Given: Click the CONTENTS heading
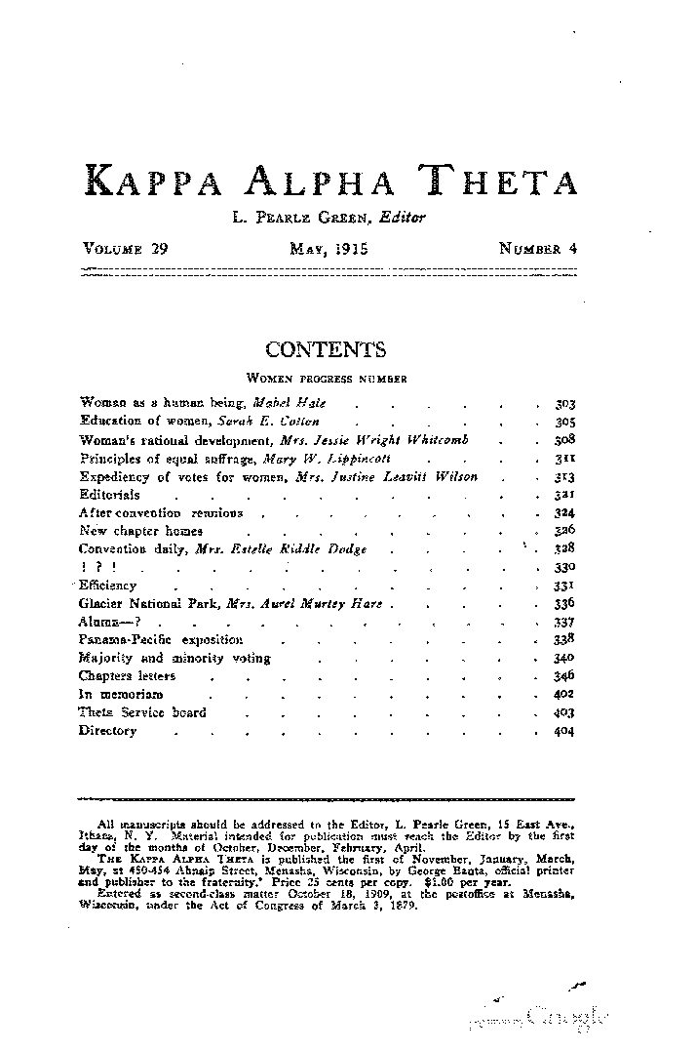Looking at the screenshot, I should pos(326,350).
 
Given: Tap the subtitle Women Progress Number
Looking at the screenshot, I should pos(326,377).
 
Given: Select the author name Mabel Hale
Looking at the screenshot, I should pos(290,402).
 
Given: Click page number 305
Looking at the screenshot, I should pos(564,421).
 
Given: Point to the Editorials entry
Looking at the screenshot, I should pos(109,495).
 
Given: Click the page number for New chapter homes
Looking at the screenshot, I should pos(564,532).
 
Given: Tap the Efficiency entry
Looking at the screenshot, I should pos(107,586).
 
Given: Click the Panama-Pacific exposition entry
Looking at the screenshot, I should pos(160,640).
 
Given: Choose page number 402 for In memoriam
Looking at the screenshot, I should pos(564,694).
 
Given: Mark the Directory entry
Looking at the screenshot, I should pos(107,730).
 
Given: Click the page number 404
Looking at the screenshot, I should pos(564,730).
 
